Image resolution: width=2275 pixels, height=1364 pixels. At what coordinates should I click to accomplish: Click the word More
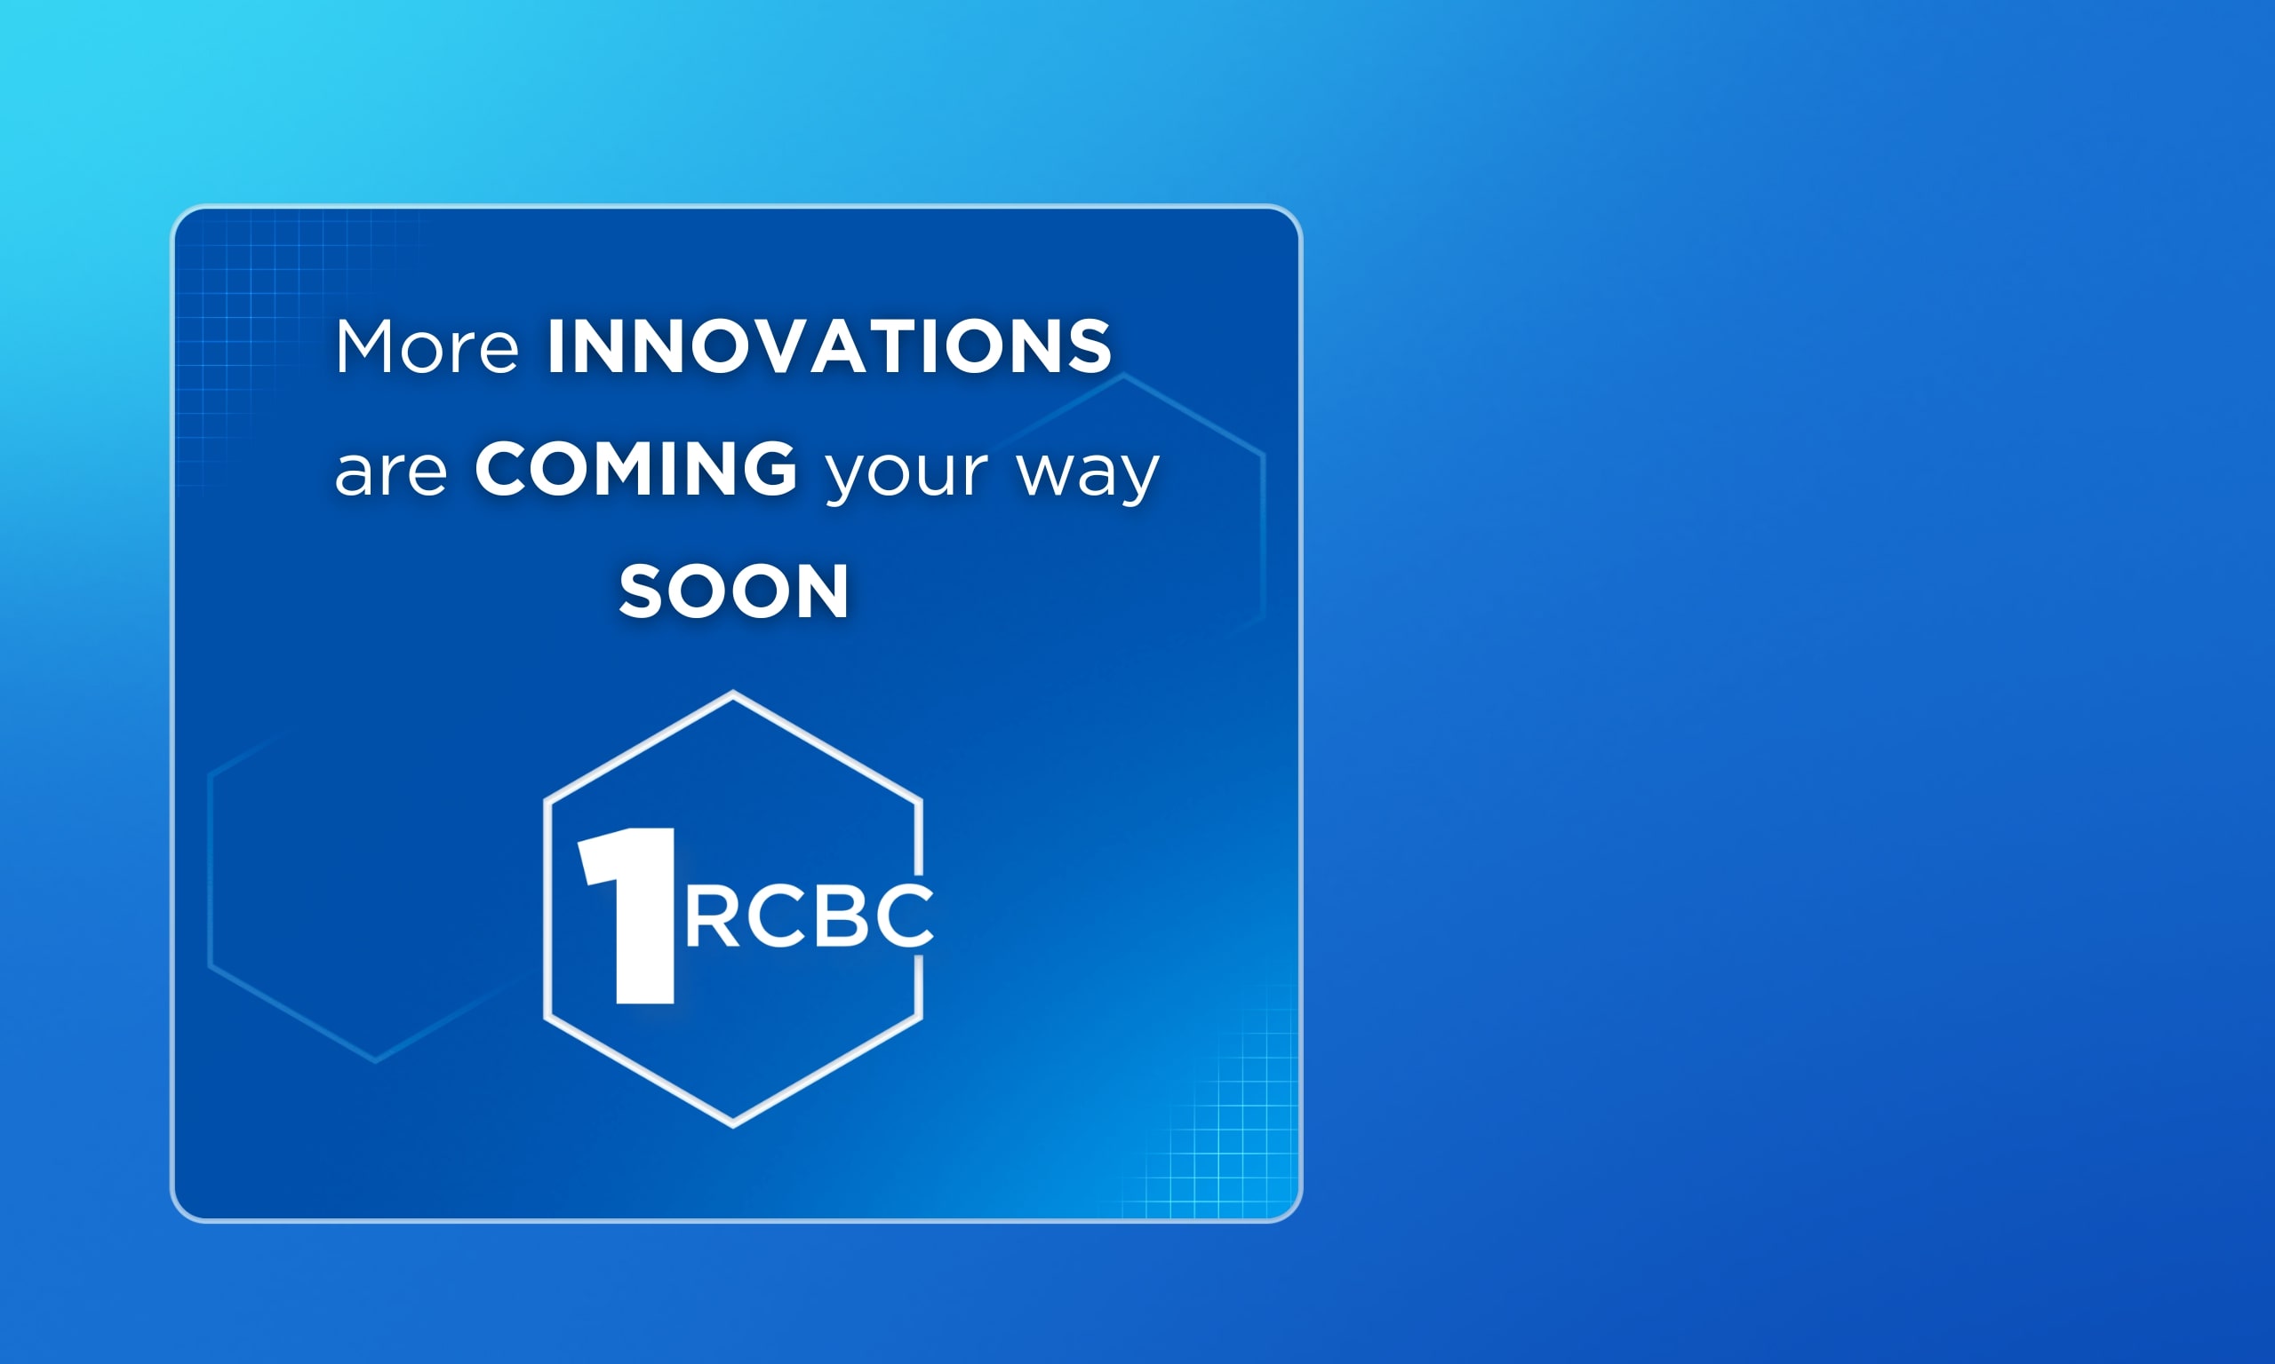point(427,346)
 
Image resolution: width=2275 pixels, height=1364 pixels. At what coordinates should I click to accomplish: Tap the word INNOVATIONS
point(829,346)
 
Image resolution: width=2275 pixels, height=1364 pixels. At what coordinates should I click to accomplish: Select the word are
point(391,472)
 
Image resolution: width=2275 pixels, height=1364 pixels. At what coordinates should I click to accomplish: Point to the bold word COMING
point(635,469)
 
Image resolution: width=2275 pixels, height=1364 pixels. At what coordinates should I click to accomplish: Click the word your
point(906,476)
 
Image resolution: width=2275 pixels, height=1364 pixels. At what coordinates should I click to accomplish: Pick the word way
point(1088,476)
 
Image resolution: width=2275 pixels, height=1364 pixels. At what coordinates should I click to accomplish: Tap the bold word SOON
point(734,591)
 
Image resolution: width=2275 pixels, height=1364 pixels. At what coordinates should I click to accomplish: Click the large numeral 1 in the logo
point(628,916)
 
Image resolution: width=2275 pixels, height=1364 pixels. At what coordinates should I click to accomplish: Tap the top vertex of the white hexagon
point(733,694)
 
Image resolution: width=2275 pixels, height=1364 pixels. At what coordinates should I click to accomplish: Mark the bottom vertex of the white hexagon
point(733,1123)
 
